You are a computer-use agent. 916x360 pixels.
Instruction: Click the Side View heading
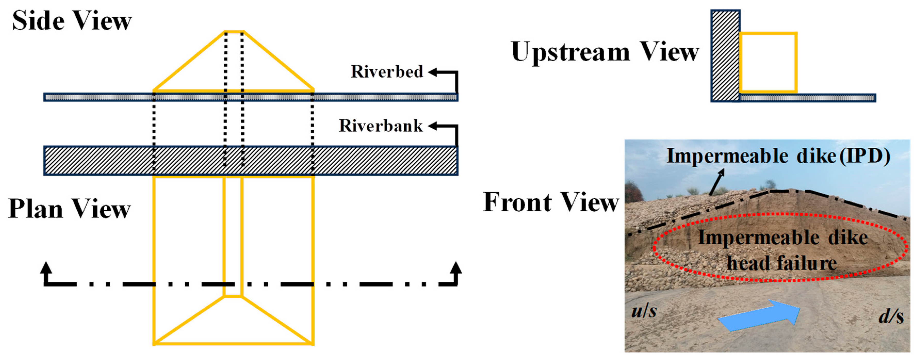[x=72, y=21]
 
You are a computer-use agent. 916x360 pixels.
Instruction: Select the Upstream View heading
[x=604, y=52]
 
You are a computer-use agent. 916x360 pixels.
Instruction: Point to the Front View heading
[x=551, y=202]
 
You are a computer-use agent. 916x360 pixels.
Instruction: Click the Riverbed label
[x=387, y=71]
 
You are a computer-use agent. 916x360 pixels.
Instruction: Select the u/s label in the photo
[x=644, y=311]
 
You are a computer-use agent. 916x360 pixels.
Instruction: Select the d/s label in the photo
[x=891, y=316]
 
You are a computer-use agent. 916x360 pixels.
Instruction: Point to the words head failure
[x=782, y=264]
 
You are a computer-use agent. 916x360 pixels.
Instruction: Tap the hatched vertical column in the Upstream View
[x=725, y=56]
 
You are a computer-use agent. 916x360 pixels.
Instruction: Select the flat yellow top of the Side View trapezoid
[x=234, y=32]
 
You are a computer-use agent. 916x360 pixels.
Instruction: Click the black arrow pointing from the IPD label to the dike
[x=716, y=182]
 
